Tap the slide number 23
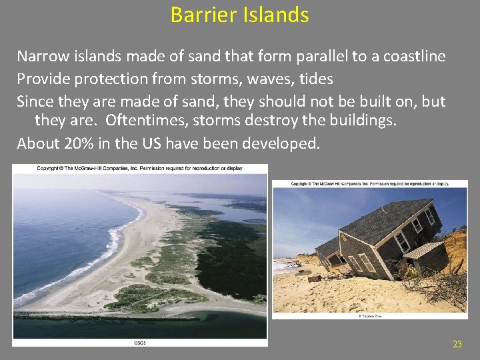pos(457,344)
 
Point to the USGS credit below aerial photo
pos(140,343)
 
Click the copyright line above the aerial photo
pos(140,168)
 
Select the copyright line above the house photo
pos(370,183)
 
